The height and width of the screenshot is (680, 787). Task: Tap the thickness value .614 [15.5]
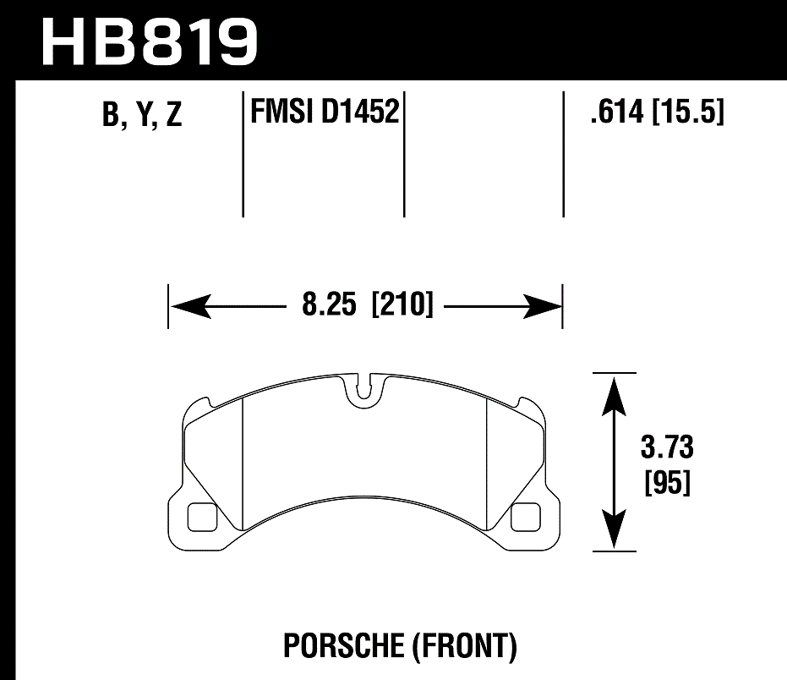[657, 111]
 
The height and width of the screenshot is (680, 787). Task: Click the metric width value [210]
[402, 304]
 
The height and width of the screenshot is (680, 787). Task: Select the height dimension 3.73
[667, 447]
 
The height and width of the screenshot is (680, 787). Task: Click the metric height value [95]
[667, 483]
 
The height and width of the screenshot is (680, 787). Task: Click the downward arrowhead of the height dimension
[615, 530]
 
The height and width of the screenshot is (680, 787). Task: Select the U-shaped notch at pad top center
[364, 390]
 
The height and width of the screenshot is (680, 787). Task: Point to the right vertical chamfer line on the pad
[488, 461]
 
